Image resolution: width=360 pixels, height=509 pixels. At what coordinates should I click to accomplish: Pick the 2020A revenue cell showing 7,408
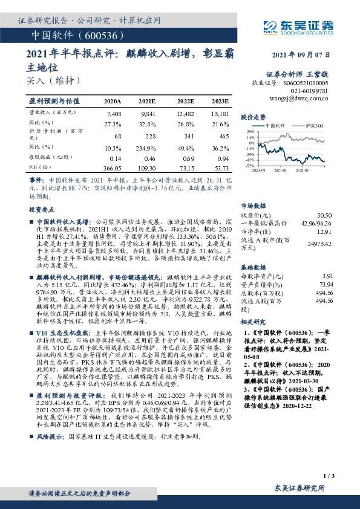point(113,114)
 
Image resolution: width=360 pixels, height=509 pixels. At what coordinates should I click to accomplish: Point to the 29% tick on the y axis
point(250,131)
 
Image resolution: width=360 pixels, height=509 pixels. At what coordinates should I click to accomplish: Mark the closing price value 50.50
point(324,215)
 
